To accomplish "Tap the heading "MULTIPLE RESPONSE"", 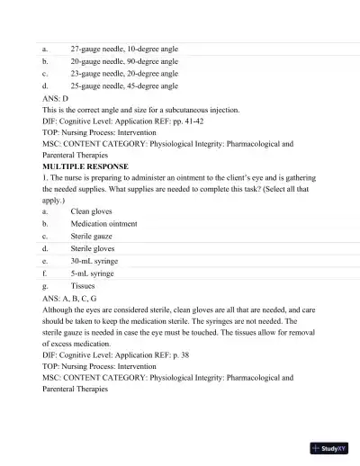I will pos(85,167).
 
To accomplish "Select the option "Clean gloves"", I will pos(92,211).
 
